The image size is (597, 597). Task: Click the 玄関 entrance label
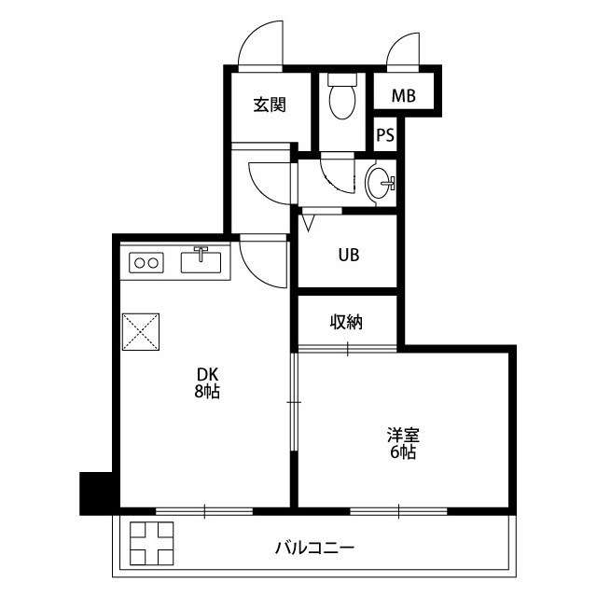(x=270, y=104)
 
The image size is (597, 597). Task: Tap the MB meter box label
(x=403, y=96)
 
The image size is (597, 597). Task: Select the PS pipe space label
(x=385, y=134)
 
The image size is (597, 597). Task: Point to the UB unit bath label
(x=348, y=254)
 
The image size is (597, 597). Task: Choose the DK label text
(x=206, y=377)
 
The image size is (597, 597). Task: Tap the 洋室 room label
(x=403, y=435)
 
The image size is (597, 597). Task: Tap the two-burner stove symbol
(x=146, y=263)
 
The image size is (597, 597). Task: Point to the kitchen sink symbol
(x=201, y=260)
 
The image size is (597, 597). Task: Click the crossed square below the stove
(x=142, y=330)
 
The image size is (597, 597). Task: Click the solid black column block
(x=96, y=493)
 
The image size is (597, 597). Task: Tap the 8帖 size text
(x=206, y=393)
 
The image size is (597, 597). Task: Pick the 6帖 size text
(x=403, y=452)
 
